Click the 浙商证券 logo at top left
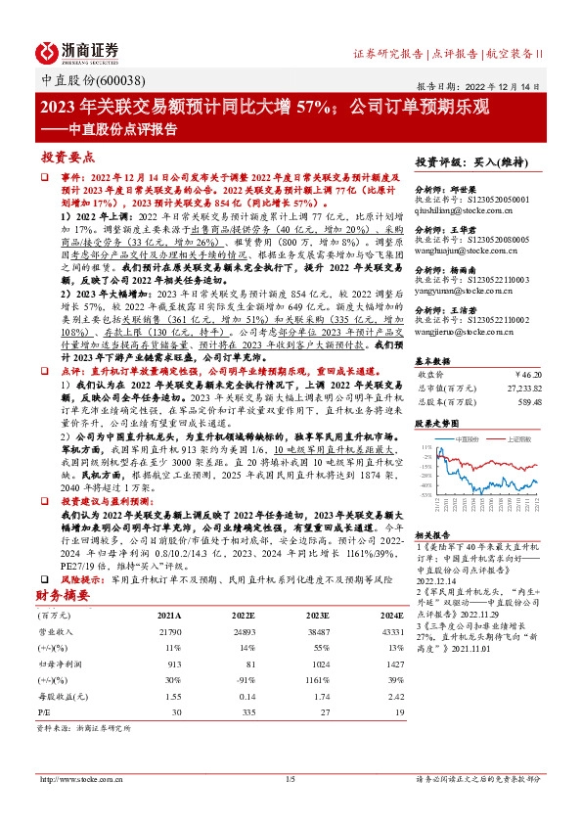pyautogui.click(x=77, y=51)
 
